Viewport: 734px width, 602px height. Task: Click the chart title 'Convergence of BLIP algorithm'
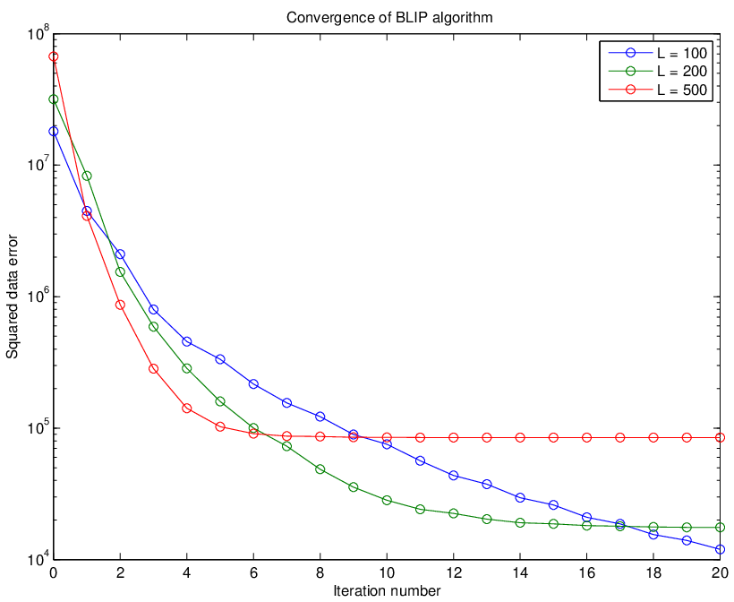click(389, 18)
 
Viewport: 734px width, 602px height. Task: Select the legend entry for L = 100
click(658, 53)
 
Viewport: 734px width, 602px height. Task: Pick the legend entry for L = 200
click(658, 71)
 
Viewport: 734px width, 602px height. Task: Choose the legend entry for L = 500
click(658, 90)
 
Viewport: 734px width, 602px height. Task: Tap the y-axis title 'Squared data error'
click(13, 297)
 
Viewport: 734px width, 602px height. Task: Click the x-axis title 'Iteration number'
click(387, 590)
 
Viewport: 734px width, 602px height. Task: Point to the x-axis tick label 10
click(387, 572)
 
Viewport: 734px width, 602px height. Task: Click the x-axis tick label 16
click(586, 572)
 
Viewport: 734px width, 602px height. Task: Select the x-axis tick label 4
click(187, 572)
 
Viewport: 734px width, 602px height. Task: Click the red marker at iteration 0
click(54, 56)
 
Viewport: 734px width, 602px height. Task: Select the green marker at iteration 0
click(54, 99)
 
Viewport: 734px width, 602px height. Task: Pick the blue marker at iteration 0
click(54, 132)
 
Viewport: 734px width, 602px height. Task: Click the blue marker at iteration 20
click(720, 549)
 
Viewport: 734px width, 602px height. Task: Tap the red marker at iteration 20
click(720, 437)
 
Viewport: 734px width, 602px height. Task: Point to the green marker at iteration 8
click(320, 469)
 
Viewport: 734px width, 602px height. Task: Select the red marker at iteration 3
click(154, 369)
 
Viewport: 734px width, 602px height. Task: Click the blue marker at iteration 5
click(220, 359)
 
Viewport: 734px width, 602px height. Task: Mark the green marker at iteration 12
click(453, 513)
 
